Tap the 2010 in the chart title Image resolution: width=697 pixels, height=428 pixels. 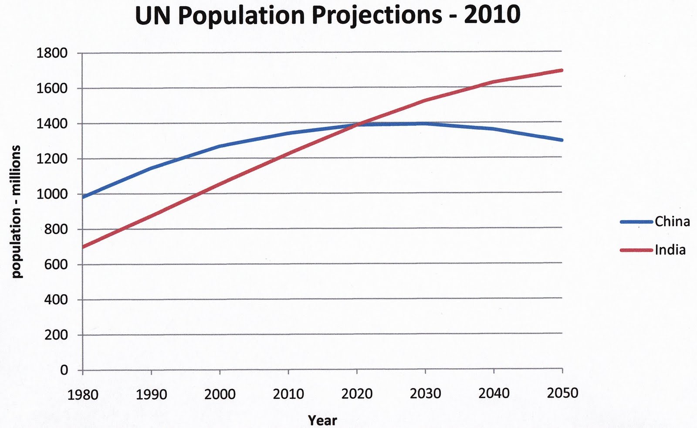[x=492, y=14]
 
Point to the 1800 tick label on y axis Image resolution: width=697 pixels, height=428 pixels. [x=52, y=53]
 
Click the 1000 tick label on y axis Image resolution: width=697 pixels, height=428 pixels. [x=52, y=194]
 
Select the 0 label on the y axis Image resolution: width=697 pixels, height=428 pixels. [x=64, y=370]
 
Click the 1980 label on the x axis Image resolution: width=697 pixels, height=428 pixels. [x=83, y=394]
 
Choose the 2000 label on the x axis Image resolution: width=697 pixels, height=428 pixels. [x=220, y=394]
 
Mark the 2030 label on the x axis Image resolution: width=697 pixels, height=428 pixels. [x=425, y=394]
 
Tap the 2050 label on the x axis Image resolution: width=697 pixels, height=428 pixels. [x=562, y=393]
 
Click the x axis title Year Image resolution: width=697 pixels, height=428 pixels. [x=322, y=420]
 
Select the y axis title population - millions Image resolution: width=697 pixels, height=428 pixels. [x=16, y=212]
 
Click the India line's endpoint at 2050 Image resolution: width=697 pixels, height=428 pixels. [x=562, y=70]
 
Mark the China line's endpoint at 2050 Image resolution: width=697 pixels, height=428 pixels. [x=562, y=140]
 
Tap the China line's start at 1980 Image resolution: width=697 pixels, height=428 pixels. [x=83, y=197]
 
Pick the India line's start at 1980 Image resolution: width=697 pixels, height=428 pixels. [x=83, y=247]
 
